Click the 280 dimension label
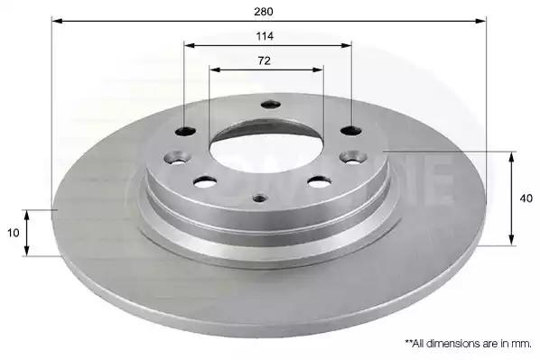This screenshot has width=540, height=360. tap(264, 12)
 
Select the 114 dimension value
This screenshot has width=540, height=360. tap(265, 36)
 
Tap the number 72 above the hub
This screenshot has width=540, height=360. tap(265, 61)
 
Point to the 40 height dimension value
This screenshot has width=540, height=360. tap(526, 198)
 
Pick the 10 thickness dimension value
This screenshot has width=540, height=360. tap(13, 233)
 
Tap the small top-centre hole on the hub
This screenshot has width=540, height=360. tap(270, 105)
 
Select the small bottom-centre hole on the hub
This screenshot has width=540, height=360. tap(260, 198)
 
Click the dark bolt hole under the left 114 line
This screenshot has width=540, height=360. tap(185, 131)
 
